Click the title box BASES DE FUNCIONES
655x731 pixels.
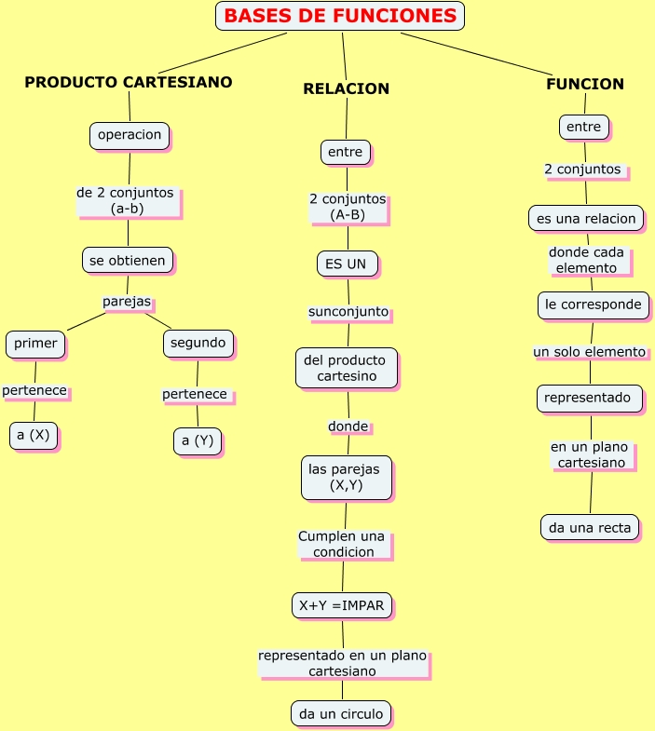[340, 16]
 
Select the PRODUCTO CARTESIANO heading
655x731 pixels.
[129, 82]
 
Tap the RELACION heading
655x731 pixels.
[346, 88]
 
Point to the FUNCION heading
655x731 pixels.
[585, 84]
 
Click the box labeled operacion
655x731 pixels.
[130, 135]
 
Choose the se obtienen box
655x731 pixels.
[129, 260]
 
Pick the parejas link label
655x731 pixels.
[127, 302]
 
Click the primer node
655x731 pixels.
[35, 344]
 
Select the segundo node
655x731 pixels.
[198, 343]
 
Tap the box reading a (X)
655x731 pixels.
[34, 435]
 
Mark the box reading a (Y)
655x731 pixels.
[198, 440]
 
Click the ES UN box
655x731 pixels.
[347, 264]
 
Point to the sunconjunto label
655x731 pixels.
[348, 311]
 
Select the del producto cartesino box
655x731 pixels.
[347, 368]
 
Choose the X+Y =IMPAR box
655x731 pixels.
[343, 605]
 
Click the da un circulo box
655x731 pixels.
[341, 714]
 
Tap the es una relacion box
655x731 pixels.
[586, 219]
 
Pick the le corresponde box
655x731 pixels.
[594, 305]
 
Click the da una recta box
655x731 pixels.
[590, 527]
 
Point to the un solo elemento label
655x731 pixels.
[590, 352]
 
